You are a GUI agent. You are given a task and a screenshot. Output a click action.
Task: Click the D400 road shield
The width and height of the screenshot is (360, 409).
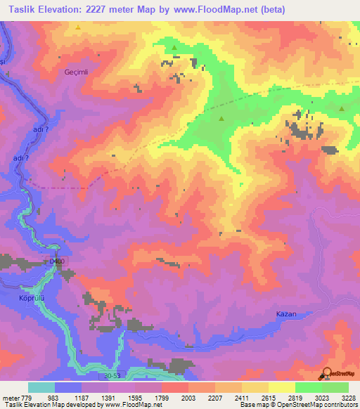(56, 262)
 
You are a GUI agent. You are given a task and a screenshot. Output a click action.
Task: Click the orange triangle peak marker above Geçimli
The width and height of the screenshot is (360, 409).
(78, 27)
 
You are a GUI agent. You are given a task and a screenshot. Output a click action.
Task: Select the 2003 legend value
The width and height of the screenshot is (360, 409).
(186, 396)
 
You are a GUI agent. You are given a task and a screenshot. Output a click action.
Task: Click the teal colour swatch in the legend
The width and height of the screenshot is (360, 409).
(41, 387)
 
